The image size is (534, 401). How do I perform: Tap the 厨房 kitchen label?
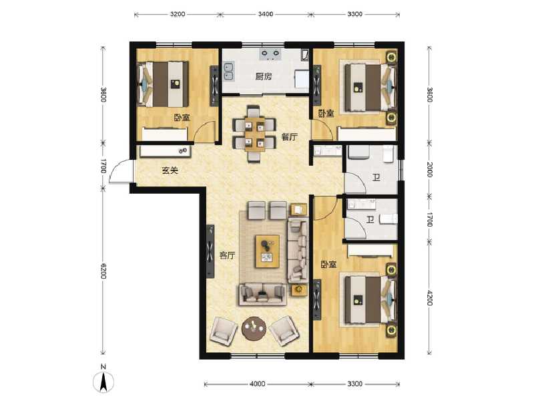pos(264,76)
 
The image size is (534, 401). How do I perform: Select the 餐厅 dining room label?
pos(288,137)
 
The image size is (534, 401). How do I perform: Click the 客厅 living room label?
pos(227,255)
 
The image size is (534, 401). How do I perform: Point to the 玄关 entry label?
pos(170,170)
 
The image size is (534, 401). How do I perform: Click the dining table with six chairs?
pos(254,132)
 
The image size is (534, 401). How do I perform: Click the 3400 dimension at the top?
pos(265,13)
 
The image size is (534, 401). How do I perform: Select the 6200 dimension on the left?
pos(103,272)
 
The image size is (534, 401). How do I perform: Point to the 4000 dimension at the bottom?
pos(257,384)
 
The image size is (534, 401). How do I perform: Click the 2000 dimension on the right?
pos(429,169)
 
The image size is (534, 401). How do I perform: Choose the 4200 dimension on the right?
pos(429,296)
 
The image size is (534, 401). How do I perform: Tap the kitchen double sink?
pos(229,68)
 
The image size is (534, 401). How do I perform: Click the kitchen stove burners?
pos(270,53)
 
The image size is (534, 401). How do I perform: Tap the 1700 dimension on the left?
pos(103,166)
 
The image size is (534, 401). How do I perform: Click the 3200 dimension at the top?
pos(177,13)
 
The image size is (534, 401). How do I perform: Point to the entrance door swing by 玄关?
pos(120,172)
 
